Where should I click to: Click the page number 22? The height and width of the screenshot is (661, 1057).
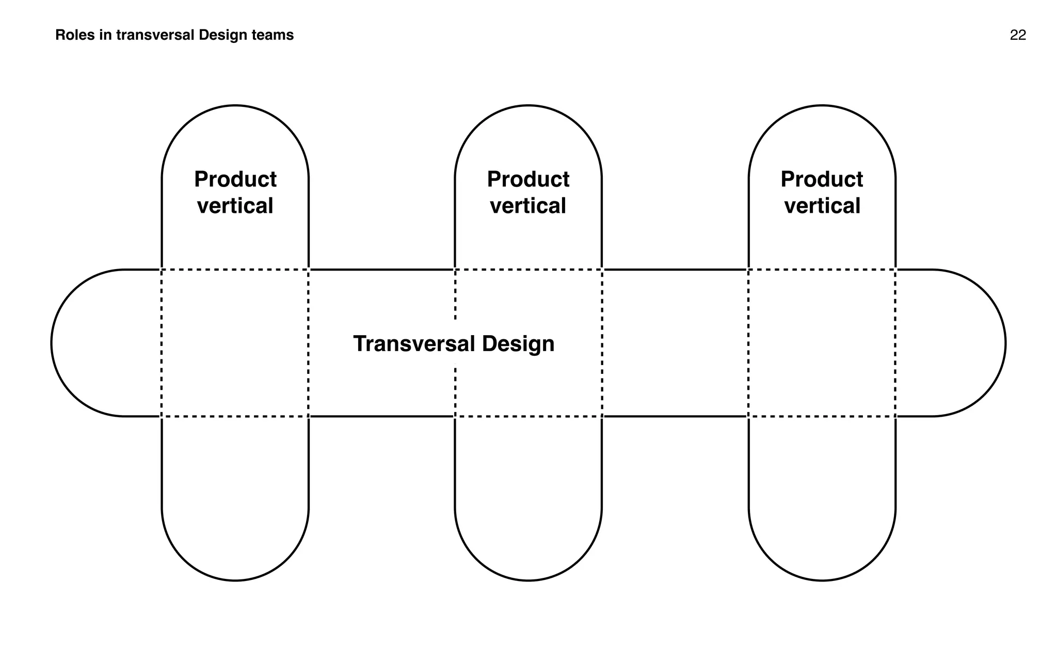(x=1017, y=35)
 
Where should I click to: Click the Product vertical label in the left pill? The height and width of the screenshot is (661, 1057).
(x=235, y=193)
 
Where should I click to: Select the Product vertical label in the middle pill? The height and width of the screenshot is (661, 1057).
(x=528, y=193)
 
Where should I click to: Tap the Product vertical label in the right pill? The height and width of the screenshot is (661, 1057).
(x=822, y=193)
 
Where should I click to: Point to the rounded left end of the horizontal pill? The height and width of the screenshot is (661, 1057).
(x=88, y=343)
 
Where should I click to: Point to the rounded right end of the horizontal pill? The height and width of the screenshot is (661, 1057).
(x=970, y=343)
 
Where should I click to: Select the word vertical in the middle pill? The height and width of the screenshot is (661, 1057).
(x=528, y=206)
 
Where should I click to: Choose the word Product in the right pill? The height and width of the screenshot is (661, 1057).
(x=822, y=180)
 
